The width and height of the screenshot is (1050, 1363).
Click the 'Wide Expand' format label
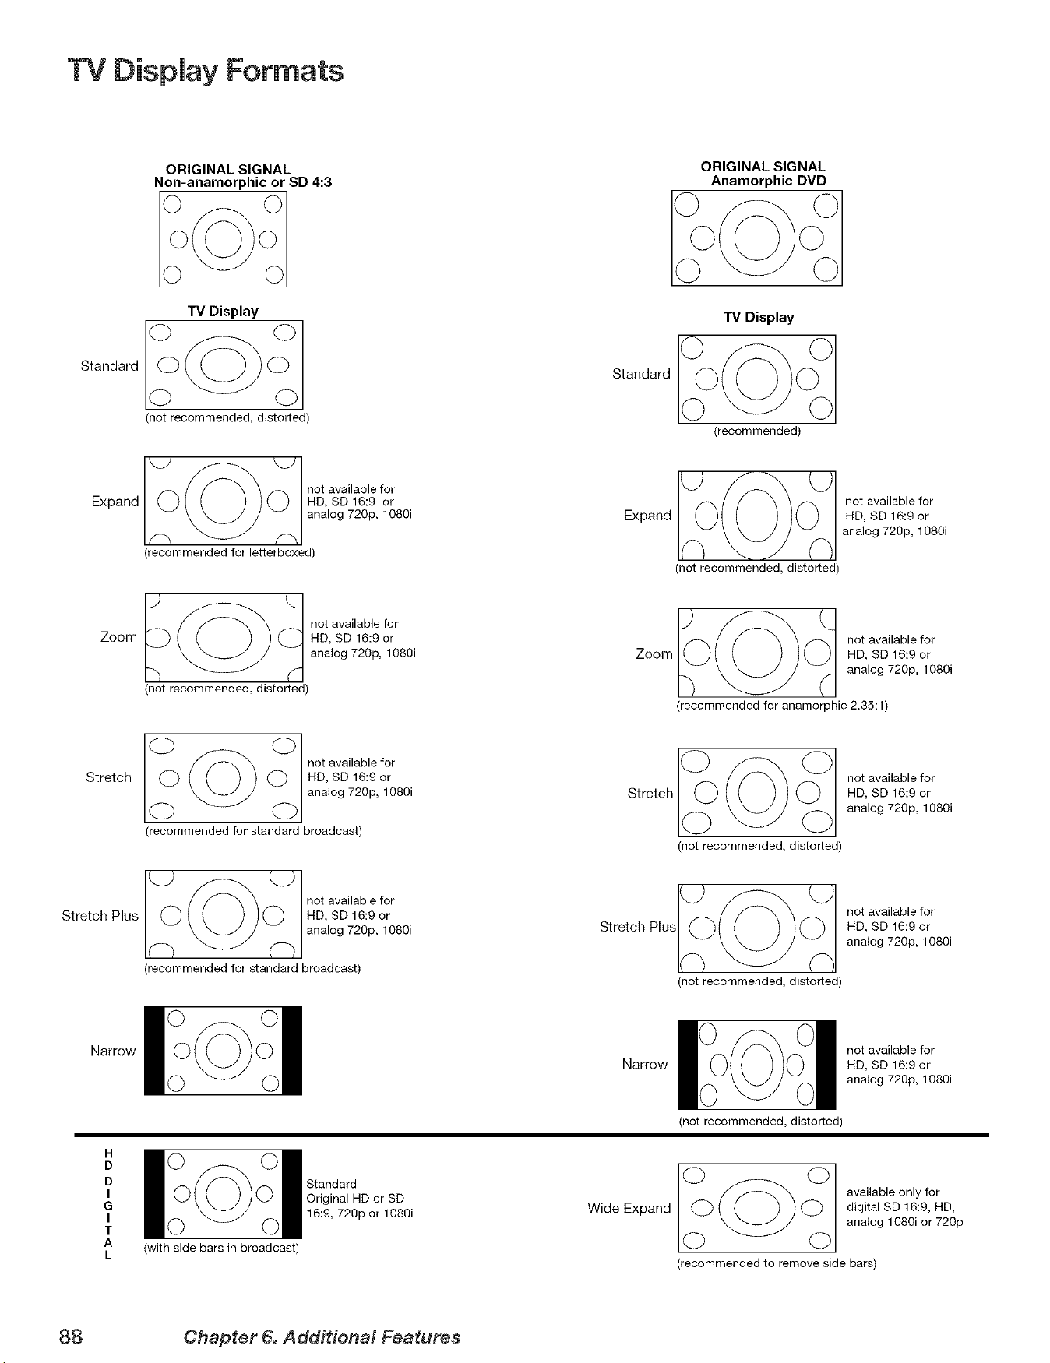pos(629,1208)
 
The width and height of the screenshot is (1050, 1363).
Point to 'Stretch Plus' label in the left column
pos(100,915)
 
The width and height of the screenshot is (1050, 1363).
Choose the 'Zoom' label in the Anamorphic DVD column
pos(654,654)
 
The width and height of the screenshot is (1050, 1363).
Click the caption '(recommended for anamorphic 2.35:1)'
pos(782,706)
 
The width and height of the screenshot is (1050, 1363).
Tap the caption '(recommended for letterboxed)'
pos(230,553)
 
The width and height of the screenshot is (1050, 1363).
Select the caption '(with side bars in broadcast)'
pos(222,1248)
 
